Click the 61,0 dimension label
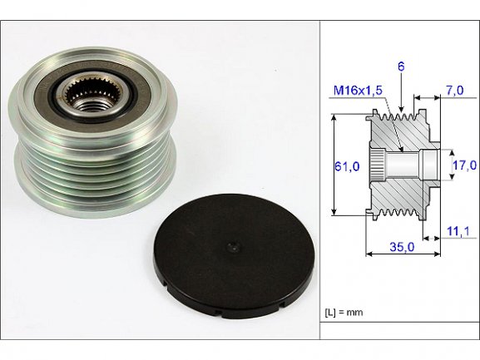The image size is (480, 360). pos(347,166)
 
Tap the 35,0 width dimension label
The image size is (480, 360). pos(402,247)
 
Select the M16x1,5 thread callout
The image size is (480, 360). pos(358,91)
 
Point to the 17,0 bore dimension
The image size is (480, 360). pos(464,165)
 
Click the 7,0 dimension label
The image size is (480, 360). pos(455,91)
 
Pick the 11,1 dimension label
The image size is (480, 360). pos(458,231)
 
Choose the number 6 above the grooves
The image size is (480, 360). pos(401,67)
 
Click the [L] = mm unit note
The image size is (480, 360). pos(344,313)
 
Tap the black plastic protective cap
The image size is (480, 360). pos(235,256)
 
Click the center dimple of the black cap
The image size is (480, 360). pos(234,247)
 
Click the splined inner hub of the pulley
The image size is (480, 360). pos(94,93)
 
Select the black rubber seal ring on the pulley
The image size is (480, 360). pos(94,97)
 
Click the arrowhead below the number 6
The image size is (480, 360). pos(401,109)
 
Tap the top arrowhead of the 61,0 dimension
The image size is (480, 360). pos(335,118)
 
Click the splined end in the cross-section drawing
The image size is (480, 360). pos(376,165)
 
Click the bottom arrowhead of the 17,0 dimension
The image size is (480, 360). pos(453,176)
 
